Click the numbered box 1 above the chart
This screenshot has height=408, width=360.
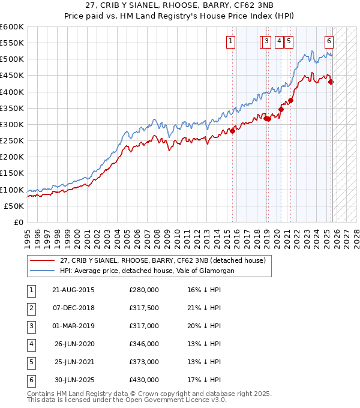tap(231, 41)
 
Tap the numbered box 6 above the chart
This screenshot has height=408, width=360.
tap(329, 41)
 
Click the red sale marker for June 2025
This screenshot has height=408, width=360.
tap(331, 82)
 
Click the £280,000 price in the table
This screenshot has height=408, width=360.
tap(143, 290)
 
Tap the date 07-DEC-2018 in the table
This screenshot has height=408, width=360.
tap(73, 308)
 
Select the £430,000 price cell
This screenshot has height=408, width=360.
tap(143, 380)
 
